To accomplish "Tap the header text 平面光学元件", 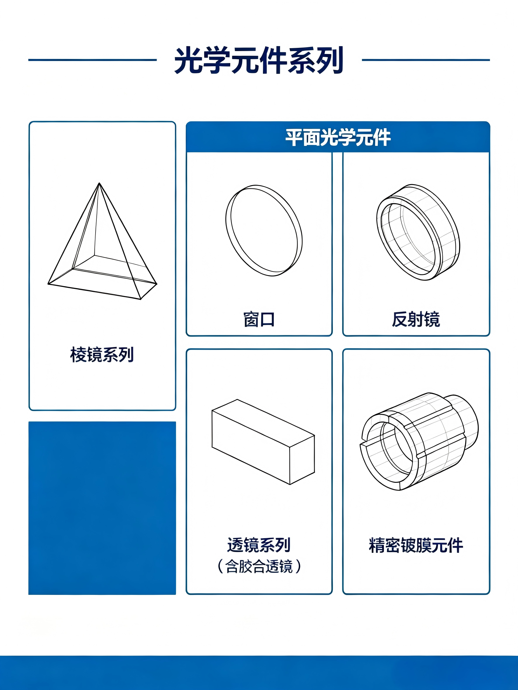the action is (x=338, y=137).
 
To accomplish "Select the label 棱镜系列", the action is (x=102, y=355).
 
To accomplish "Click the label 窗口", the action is (x=259, y=319).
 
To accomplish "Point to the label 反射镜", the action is (x=416, y=319).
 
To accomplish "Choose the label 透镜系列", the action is (x=259, y=545).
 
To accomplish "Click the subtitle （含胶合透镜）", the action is (x=259, y=566).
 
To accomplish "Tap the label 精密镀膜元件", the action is (x=416, y=545).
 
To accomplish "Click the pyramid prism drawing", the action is (x=102, y=241).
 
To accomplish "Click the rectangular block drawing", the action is (x=263, y=442).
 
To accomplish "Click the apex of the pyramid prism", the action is (x=99, y=183).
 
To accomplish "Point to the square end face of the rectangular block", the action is (x=302, y=460).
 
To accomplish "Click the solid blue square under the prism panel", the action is (x=102, y=508).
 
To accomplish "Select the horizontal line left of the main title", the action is (x=92, y=60).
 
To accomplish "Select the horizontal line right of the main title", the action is (x=426, y=60).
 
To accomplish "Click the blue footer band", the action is (x=259, y=672).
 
